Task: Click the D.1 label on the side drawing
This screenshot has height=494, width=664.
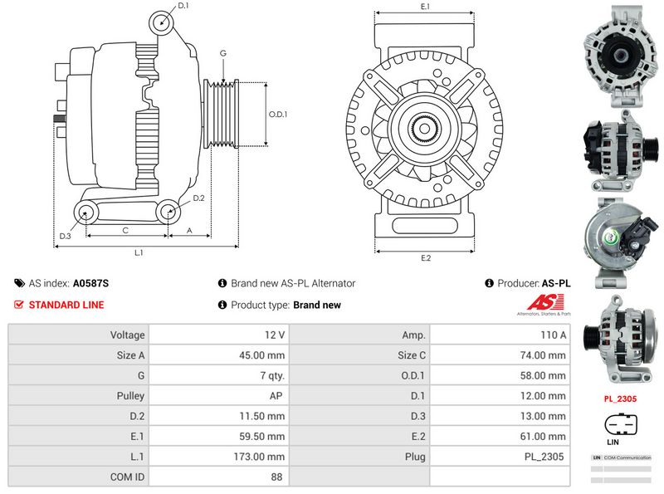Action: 183,6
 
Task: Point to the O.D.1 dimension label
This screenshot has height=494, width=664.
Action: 278,115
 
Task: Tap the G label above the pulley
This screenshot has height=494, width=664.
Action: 222,53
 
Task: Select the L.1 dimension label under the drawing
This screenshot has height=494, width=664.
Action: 139,252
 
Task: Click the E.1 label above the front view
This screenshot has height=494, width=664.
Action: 425,7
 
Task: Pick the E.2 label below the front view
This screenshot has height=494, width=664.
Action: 426,258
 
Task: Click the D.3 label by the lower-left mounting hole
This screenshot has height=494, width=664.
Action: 65,237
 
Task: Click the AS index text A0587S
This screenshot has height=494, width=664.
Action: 90,283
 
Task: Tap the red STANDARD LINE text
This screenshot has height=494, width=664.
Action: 66,305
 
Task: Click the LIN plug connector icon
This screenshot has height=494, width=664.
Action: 621,425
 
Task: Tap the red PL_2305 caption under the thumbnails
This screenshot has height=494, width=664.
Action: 620,399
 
